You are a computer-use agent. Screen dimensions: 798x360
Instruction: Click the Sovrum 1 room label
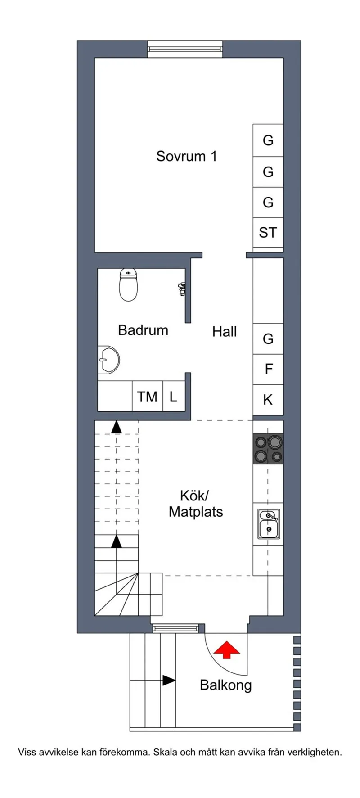tap(186, 156)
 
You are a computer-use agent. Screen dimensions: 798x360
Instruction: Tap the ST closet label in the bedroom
tap(268, 233)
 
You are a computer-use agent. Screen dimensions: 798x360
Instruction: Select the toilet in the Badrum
tap(128, 285)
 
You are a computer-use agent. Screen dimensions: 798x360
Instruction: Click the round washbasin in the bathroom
tap(108, 360)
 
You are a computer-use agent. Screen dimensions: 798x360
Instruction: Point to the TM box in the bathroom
tap(147, 397)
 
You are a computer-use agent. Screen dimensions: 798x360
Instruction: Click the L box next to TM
tap(173, 397)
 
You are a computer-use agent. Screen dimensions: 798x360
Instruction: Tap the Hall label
tap(224, 332)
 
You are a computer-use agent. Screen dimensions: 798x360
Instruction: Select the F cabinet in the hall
tap(268, 369)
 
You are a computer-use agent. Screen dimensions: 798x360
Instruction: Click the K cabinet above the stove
tap(268, 400)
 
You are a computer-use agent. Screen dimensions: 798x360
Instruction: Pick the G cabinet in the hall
tap(268, 338)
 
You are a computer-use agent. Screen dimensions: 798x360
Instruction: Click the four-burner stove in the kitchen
tap(268, 449)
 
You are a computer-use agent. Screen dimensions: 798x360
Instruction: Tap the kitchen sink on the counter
tap(269, 523)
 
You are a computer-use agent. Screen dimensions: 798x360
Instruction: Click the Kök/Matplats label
tap(195, 504)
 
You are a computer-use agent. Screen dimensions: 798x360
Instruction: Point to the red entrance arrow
tap(226, 650)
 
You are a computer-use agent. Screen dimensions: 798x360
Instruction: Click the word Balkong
tap(225, 685)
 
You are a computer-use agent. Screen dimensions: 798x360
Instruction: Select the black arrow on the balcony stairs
tap(169, 680)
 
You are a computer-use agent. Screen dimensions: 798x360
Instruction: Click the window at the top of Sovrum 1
tap(185, 49)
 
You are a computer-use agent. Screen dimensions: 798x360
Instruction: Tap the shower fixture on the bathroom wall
tap(182, 289)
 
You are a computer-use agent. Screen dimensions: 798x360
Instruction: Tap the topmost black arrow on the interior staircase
tap(117, 427)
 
